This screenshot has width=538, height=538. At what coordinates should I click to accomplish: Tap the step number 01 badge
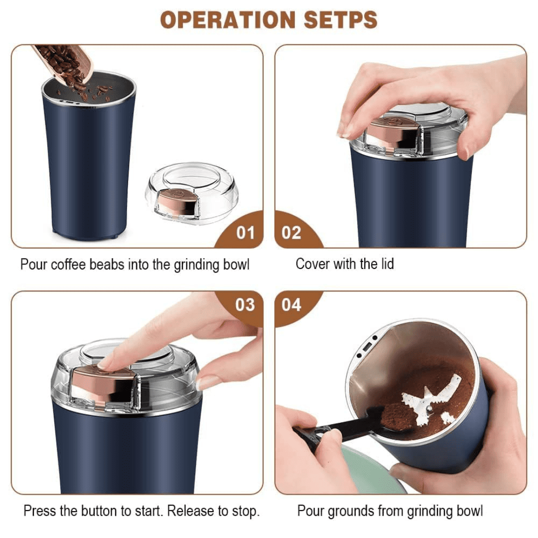[x=245, y=233]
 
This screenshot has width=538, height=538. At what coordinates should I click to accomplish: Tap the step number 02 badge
[x=291, y=233]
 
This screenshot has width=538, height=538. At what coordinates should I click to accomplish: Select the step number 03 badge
[x=245, y=304]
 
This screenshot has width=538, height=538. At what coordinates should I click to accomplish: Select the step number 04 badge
[x=291, y=304]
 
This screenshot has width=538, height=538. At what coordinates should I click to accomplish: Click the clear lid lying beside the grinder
[x=191, y=192]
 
